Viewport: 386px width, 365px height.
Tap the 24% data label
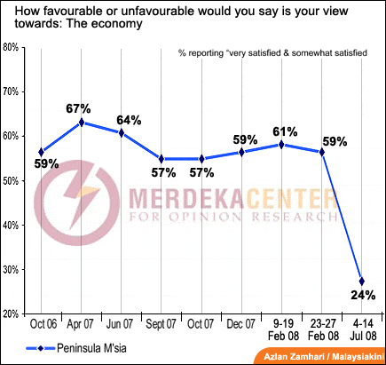coord(367,295)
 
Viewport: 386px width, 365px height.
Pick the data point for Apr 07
coord(82,123)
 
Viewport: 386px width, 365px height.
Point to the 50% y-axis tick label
coord(12,180)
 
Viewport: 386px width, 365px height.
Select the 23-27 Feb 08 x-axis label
coord(324,331)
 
